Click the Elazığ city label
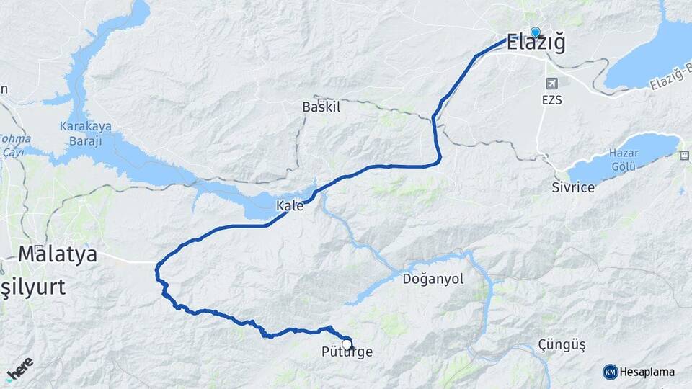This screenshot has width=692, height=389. click(536, 43)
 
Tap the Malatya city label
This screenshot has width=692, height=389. click(58, 254)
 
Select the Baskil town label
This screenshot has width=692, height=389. click(321, 107)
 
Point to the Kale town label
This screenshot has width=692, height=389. click(290, 206)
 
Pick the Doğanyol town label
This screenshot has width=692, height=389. click(433, 279)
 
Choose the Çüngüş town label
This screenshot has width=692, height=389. click(562, 346)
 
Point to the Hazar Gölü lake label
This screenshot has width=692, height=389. click(624, 161)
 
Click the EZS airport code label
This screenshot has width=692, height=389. click(551, 100)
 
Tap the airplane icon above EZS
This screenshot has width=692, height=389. click(551, 84)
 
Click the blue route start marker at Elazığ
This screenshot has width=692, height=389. click(535, 32)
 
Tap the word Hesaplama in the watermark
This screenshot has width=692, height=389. click(647, 372)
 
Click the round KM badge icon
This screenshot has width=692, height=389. click(610, 372)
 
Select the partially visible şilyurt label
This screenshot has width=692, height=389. click(32, 287)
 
